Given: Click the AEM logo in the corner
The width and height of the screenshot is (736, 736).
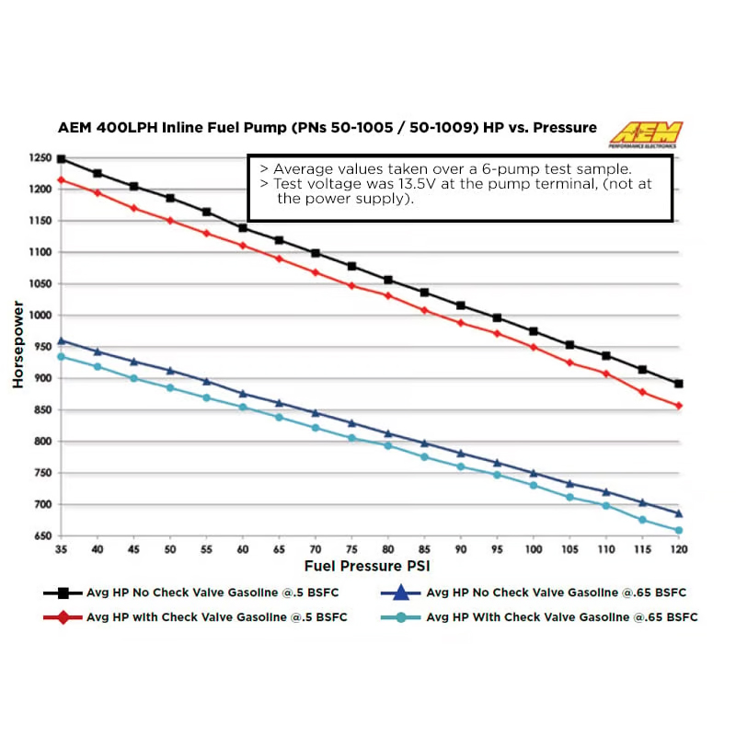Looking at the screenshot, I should point(644,133).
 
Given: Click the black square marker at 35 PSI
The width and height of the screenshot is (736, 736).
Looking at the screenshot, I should point(61,159).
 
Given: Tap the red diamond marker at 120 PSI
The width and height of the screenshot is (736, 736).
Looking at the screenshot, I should point(679,406).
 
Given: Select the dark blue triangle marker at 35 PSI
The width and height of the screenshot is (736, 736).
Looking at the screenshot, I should point(61,340).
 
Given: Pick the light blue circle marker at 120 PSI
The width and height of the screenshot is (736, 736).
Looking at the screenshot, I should point(679,531).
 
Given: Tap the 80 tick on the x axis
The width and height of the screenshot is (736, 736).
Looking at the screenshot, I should point(387,549).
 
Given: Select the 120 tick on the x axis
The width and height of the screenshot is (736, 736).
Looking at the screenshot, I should point(678,549).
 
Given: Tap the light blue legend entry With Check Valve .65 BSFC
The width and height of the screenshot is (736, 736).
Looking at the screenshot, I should point(561,617).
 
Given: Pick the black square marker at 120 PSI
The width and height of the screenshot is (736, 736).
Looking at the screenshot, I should point(679,384).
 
